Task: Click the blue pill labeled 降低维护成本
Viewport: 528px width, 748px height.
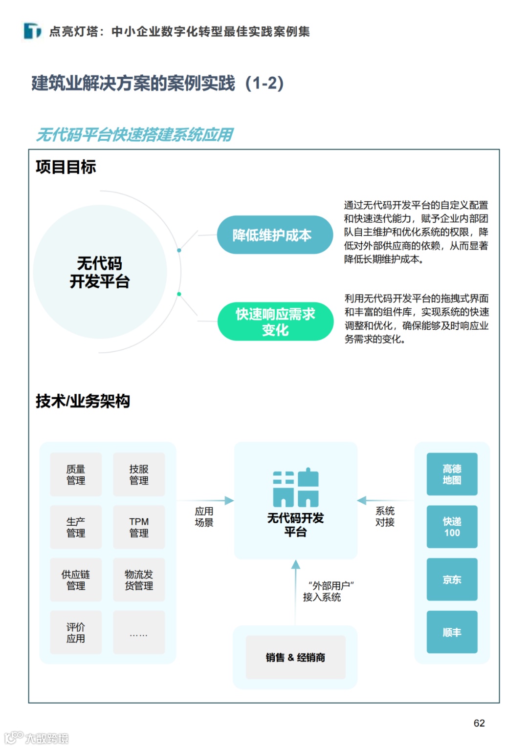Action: [x=275, y=235]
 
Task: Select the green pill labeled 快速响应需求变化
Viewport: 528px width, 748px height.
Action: [x=275, y=321]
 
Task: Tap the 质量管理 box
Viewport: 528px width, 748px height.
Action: [x=76, y=474]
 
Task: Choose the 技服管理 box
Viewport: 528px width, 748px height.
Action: [x=139, y=474]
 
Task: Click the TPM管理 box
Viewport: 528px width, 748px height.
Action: [x=139, y=527]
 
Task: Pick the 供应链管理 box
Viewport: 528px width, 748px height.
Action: [x=76, y=580]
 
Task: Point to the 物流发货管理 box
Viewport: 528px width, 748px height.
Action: [x=139, y=580]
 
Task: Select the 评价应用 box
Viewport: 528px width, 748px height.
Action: [x=76, y=633]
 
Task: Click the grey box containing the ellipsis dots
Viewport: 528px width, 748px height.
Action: [x=139, y=633]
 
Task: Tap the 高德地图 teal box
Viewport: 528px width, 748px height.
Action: [x=452, y=474]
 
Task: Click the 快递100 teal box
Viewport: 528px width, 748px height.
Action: [x=452, y=527]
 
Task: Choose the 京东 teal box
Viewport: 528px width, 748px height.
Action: [x=452, y=580]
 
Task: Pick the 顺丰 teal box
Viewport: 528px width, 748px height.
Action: [x=452, y=632]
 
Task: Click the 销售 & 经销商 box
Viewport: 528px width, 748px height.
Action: [x=295, y=658]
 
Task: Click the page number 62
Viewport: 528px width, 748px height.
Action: [x=479, y=723]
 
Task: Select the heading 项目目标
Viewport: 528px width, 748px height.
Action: [x=66, y=167]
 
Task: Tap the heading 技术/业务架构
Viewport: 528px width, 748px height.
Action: [x=83, y=401]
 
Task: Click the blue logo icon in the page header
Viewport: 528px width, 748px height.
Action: [x=32, y=31]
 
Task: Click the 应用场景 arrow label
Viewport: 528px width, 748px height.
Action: [x=204, y=517]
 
